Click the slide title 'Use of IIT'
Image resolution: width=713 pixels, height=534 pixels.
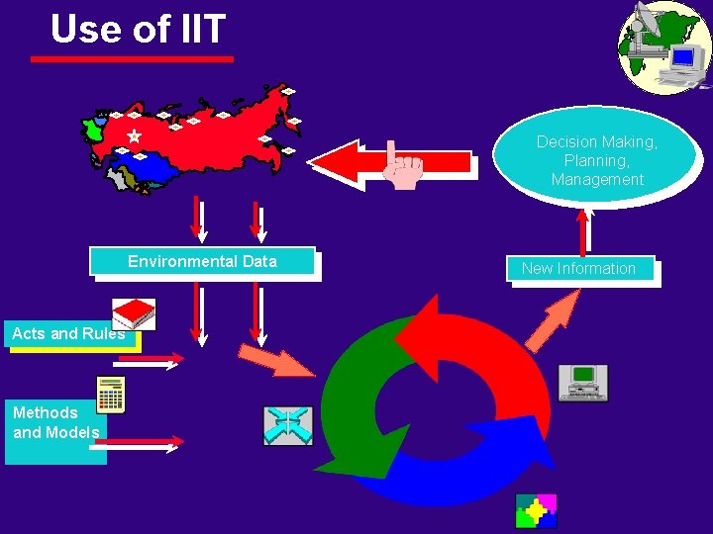click(x=138, y=29)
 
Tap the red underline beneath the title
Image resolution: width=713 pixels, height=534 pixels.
click(x=132, y=59)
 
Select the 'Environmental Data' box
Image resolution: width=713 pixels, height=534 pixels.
click(x=202, y=261)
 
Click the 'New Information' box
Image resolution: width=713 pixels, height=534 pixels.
click(x=579, y=268)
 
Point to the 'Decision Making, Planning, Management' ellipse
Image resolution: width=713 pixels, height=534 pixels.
click(x=596, y=158)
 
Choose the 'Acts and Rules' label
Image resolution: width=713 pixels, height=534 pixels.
click(x=68, y=333)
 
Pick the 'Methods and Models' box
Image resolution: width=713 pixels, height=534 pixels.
click(x=55, y=422)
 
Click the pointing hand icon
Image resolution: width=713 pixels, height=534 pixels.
click(x=402, y=166)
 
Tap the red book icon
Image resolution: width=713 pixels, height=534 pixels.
click(x=133, y=313)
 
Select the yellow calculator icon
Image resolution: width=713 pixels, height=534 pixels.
click(x=110, y=395)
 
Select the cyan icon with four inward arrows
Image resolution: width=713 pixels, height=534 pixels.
click(x=287, y=425)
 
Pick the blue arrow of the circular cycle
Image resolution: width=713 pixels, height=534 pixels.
click(x=465, y=465)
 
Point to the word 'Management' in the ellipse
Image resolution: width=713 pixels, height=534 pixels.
click(x=597, y=180)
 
